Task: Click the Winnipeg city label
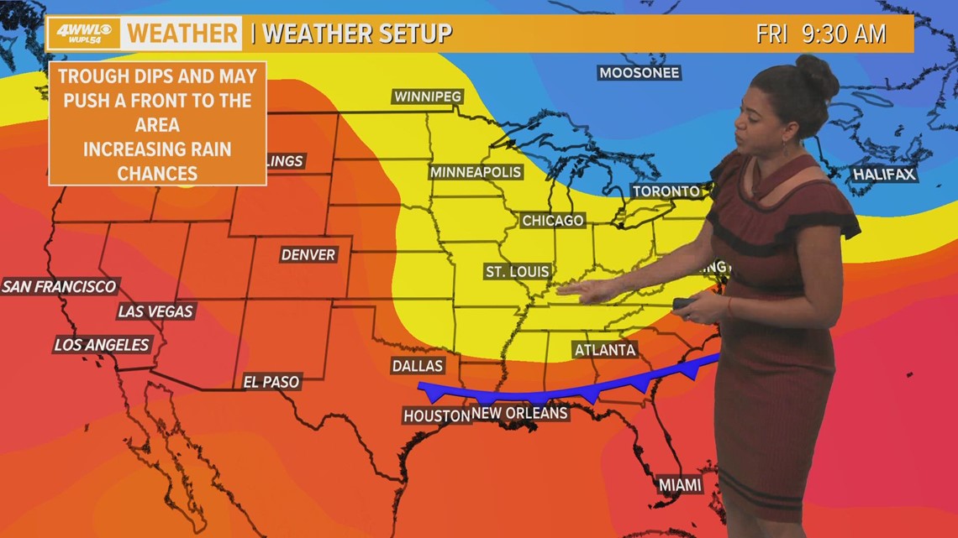click(428, 97)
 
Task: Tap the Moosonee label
click(639, 73)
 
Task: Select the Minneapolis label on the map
click(476, 172)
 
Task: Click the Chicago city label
click(552, 221)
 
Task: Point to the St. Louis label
click(518, 271)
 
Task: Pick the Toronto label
click(666, 191)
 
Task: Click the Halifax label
click(884, 175)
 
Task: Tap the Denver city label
click(308, 254)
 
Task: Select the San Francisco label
click(59, 286)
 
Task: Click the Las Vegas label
click(155, 311)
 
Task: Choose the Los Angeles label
click(102, 344)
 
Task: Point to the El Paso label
click(271, 382)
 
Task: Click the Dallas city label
click(417, 366)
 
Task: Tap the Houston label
click(435, 415)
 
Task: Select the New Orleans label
click(519, 413)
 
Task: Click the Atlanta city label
click(604, 350)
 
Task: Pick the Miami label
click(680, 484)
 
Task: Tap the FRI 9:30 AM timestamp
click(820, 34)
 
